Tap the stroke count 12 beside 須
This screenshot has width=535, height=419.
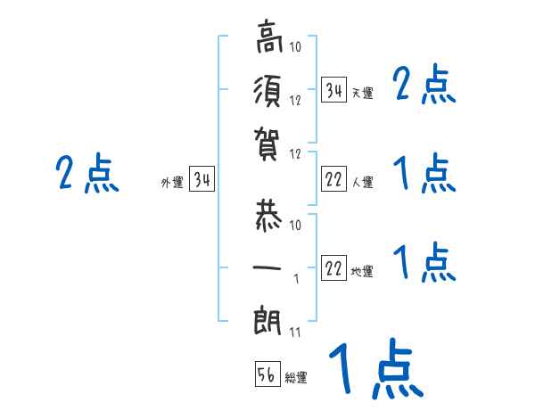tap(297, 101)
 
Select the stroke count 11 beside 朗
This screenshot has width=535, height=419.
tap(295, 334)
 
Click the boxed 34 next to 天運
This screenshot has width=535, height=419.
tap(333, 91)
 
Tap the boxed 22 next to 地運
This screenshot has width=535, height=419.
tap(333, 269)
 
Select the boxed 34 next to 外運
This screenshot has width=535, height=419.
tap(202, 181)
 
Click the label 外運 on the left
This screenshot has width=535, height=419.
tap(172, 183)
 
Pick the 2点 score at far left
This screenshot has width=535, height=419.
tap(87, 174)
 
